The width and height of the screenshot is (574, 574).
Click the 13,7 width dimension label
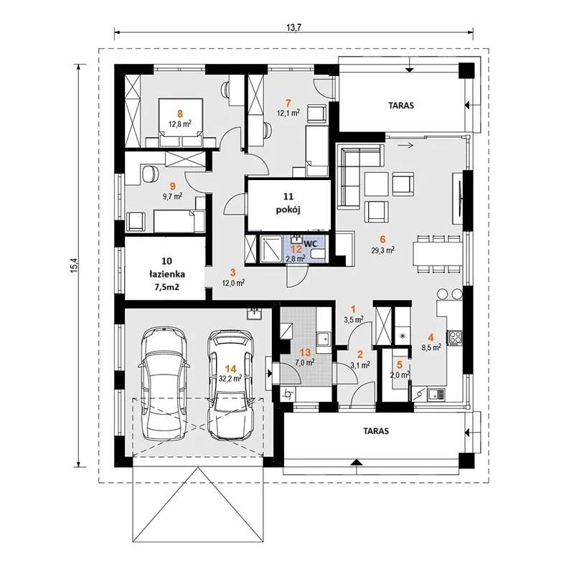coord(293,27)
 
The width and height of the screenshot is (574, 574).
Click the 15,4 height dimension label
coord(75,265)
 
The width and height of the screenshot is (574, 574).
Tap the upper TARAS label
coord(401,105)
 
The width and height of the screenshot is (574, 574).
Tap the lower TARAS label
coord(376,431)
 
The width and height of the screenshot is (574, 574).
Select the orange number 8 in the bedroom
coord(180,114)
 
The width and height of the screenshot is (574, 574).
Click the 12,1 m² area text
coord(288,113)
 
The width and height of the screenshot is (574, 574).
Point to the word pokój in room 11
coord(289,210)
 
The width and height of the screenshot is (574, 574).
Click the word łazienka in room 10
coord(167,274)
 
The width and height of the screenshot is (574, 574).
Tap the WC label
coord(310,243)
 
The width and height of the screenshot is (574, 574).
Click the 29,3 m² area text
coord(382,250)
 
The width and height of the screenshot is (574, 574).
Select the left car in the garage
coord(164,383)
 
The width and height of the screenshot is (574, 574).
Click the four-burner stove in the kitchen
coord(454,337)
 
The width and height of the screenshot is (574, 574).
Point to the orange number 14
coord(231,369)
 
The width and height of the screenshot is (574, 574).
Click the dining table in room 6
coord(438,254)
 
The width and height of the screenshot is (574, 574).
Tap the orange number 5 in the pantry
coord(400,364)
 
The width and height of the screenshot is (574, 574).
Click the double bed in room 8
coord(180,122)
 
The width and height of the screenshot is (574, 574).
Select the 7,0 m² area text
coord(305,362)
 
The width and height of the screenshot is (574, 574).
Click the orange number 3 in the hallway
coord(232,273)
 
